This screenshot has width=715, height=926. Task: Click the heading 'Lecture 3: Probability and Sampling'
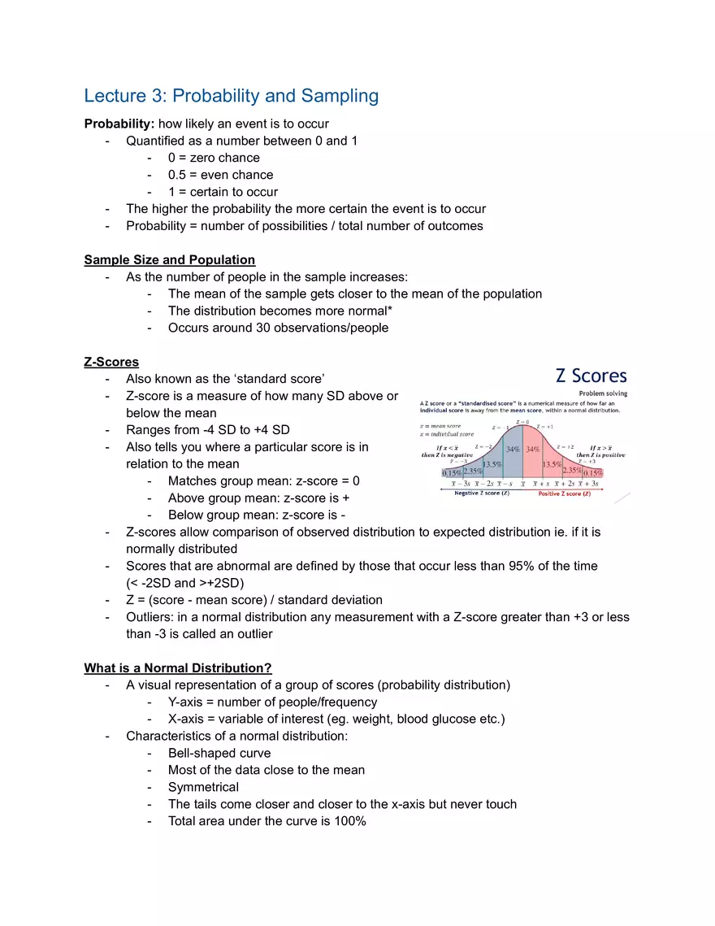pos(231,96)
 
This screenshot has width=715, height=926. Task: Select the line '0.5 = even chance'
pos(220,175)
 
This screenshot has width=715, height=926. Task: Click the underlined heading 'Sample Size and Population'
pos(169,260)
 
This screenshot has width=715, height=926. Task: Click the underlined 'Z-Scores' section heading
pos(111,362)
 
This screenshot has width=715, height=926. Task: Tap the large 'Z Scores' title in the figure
pos(591,376)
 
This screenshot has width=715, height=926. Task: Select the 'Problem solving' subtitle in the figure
pos(602,393)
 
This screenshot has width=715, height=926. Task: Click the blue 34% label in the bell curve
pos(513,449)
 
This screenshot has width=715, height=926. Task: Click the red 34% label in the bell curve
pos(533,449)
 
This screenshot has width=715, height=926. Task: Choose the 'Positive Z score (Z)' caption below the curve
pos(565,494)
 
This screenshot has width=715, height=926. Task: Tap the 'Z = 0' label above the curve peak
pos(522,422)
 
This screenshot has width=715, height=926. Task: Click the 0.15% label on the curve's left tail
pos(452,473)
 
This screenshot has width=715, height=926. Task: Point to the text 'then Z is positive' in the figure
pos(600,454)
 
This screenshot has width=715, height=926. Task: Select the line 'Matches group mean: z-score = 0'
pos(263,481)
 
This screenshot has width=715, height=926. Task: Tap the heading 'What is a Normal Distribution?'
pos(177,668)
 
